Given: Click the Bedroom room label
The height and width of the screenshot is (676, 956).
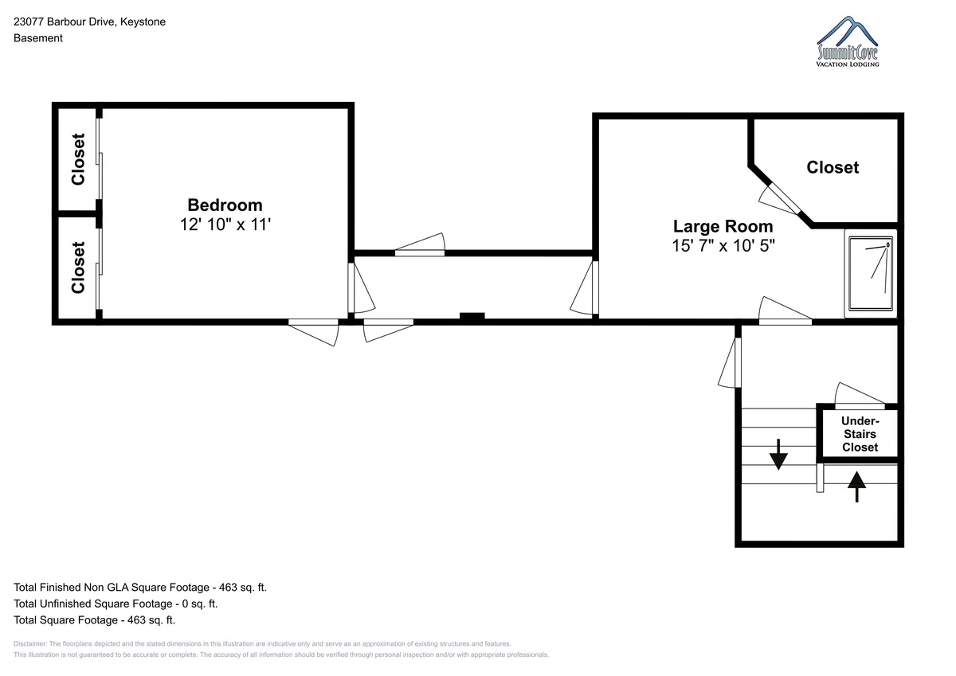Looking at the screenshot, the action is [225, 205].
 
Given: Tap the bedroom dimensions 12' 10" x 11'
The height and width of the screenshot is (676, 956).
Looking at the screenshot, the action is [225, 225].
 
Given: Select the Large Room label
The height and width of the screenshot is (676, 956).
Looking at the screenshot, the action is [723, 226].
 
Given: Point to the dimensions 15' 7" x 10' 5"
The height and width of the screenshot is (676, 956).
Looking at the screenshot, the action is [723, 246].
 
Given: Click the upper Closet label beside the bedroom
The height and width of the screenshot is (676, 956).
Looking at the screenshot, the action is [78, 159].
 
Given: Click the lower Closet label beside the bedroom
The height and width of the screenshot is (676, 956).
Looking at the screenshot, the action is [78, 268].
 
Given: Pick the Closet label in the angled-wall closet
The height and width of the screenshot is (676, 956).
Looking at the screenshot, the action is [833, 167].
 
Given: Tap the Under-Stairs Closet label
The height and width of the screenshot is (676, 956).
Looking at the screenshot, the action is [860, 434].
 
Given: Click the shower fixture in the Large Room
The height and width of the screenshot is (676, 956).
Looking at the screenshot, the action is [871, 273].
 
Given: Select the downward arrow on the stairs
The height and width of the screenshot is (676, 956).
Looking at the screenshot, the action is [778, 454].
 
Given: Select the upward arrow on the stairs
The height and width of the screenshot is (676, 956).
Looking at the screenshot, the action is [856, 486].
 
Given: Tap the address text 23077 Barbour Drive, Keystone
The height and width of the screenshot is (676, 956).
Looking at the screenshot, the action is [89, 21].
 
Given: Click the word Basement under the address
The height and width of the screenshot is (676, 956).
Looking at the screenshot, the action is [38, 38].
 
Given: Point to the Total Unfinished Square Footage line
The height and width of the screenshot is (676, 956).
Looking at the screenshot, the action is [116, 604].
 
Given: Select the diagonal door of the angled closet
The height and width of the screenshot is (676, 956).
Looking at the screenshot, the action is [783, 199].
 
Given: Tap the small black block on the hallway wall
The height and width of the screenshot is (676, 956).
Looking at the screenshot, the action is [472, 316].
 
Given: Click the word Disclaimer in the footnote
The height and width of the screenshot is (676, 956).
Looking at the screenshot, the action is [30, 643].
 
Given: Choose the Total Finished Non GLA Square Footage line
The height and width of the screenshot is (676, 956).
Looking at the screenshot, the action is [140, 588].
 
